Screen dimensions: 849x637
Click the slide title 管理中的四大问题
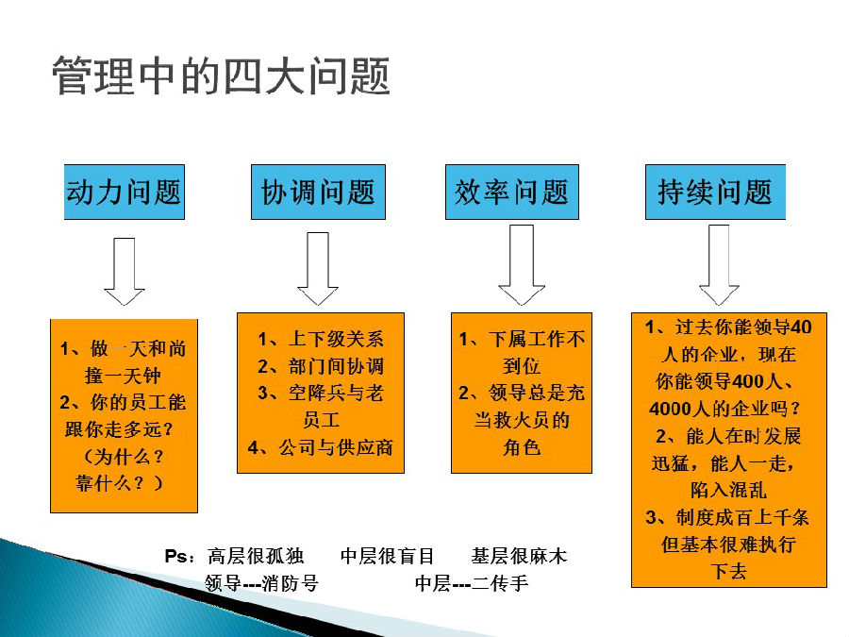click(221, 75)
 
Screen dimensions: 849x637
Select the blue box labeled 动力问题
click(125, 192)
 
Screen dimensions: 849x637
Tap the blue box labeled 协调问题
click(318, 192)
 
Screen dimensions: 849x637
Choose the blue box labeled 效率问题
click(511, 192)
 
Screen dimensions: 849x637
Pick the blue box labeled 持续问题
click(715, 192)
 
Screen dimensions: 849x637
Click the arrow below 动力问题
click(124, 271)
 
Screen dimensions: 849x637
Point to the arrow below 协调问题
click(318, 269)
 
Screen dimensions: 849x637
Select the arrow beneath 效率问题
click(522, 265)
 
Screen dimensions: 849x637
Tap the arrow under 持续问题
click(719, 265)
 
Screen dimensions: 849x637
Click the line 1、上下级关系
click(321, 339)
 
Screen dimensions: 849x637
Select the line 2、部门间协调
click(321, 366)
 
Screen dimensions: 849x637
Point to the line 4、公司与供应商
click(321, 447)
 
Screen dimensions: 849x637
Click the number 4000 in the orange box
click(671, 409)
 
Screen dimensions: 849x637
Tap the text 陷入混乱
click(729, 490)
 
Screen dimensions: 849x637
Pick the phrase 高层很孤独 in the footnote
click(256, 556)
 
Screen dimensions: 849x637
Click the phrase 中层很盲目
click(387, 556)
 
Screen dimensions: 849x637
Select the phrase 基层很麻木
click(519, 556)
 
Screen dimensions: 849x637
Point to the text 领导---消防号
click(261, 583)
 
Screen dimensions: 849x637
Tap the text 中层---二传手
click(472, 583)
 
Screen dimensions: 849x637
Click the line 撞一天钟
click(123, 376)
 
